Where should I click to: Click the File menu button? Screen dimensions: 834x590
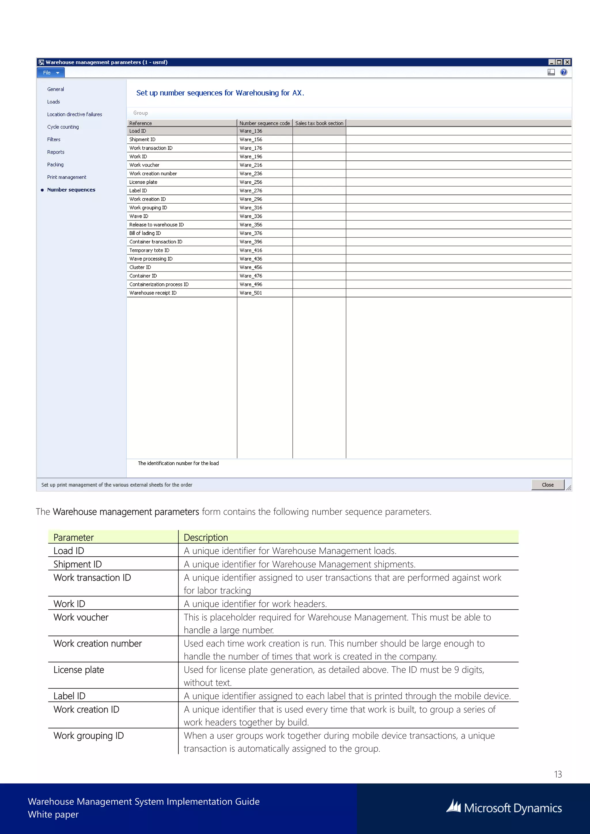tap(50, 73)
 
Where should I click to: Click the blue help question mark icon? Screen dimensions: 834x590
tap(563, 72)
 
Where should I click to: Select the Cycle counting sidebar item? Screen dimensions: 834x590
tap(63, 127)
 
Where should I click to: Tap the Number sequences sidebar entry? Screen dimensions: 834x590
tap(71, 189)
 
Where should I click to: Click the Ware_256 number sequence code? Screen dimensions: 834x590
tap(251, 182)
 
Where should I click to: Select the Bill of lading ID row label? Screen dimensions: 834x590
tap(145, 233)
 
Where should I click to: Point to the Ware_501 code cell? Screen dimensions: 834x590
tap(251, 293)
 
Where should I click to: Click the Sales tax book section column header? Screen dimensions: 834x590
tap(319, 123)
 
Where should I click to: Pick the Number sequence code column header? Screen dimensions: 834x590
tap(264, 123)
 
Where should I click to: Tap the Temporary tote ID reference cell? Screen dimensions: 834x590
tap(149, 250)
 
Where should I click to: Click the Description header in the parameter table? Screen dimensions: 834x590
tap(206, 537)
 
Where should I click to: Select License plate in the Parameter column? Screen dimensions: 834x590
tap(79, 670)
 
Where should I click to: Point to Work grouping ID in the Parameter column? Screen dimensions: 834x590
tap(89, 736)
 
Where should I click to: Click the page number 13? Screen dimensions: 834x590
tap(558, 774)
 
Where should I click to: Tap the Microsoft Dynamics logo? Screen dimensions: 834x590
tap(504, 808)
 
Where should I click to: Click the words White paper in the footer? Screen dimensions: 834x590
tap(53, 814)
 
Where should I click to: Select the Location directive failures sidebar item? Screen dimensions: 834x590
tap(75, 114)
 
